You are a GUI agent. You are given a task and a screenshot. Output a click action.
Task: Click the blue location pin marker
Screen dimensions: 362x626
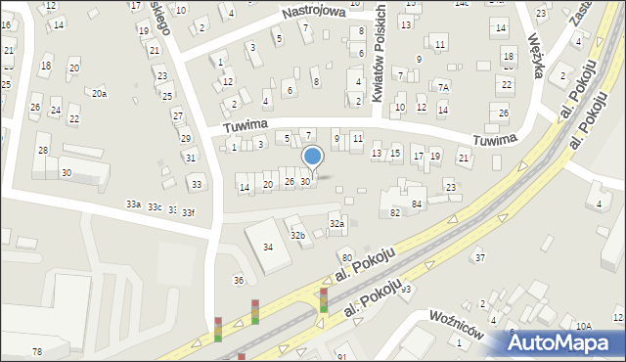pos(313,157)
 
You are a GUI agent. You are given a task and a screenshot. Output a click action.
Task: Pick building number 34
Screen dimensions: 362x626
pos(268,246)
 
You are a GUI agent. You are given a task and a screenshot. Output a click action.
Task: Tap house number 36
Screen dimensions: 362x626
pos(238,281)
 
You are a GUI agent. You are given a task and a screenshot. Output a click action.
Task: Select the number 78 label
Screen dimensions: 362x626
pos(37,351)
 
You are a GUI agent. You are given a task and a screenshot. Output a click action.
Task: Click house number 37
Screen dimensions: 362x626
pos(479,257)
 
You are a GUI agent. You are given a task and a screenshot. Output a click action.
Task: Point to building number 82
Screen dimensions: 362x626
pos(395,212)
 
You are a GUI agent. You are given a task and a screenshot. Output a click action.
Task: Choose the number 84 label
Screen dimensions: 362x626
pos(417,204)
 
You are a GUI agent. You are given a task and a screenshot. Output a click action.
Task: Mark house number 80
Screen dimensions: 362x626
pos(346,257)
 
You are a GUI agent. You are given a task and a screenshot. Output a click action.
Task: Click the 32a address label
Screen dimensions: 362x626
pos(336,224)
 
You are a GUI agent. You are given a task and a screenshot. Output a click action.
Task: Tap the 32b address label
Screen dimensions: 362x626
pos(298,235)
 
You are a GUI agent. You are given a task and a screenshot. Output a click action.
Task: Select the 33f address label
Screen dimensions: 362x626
pos(188,212)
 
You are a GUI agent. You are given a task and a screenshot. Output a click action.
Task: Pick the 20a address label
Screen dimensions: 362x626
pos(99,93)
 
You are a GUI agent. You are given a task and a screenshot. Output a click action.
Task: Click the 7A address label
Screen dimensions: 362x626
pos(443,87)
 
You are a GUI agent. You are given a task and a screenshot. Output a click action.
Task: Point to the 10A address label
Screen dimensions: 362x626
pos(583,326)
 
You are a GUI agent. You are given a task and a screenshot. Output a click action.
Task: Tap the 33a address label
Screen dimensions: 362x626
pos(133,204)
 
